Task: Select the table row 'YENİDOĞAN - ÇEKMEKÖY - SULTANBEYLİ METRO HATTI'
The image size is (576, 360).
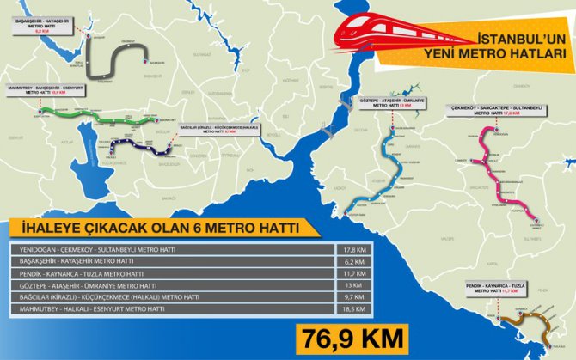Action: [x=172, y=248]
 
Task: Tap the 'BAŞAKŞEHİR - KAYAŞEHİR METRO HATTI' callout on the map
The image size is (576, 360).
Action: [x=42, y=26]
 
